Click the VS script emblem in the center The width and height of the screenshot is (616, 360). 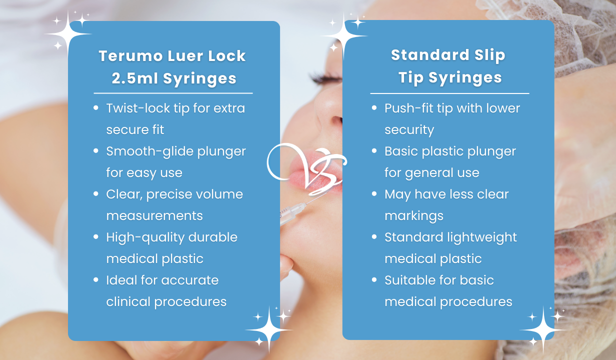pos(306,162)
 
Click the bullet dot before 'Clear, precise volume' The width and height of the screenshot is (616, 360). pos(96,193)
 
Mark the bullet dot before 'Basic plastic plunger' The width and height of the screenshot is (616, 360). pos(374,150)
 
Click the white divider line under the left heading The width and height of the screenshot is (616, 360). pos(173,93)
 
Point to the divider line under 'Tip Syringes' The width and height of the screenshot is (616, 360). pos(449,93)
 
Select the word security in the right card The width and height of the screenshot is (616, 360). pos(409,130)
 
